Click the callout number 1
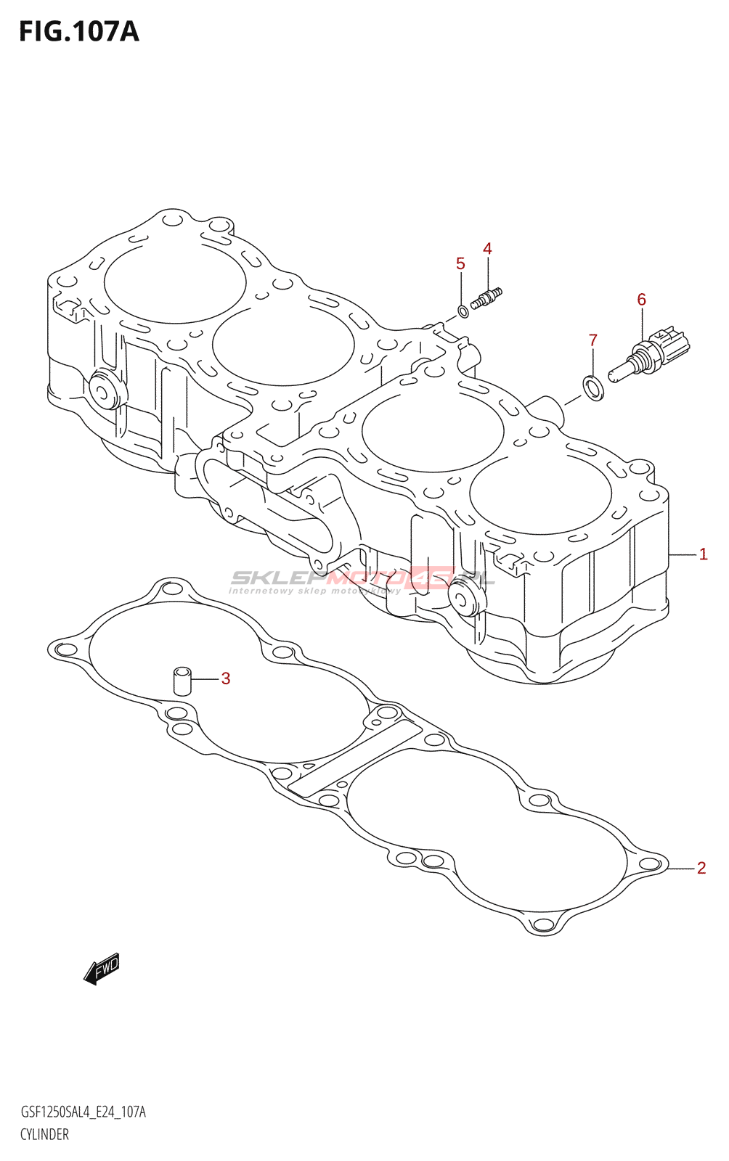(x=703, y=554)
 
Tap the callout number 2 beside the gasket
(x=701, y=868)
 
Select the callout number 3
(x=226, y=678)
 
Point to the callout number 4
(x=487, y=249)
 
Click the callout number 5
(x=460, y=263)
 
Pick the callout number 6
(x=641, y=299)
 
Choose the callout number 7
(x=592, y=340)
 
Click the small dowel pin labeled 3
(x=182, y=681)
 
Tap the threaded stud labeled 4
(x=486, y=298)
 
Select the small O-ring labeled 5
(x=463, y=312)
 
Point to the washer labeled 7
(x=593, y=387)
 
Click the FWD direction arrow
(x=101, y=968)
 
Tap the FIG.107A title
(x=78, y=32)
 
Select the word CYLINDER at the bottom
(x=44, y=1134)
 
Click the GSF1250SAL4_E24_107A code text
(x=83, y=1112)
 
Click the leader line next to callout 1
(x=682, y=554)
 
